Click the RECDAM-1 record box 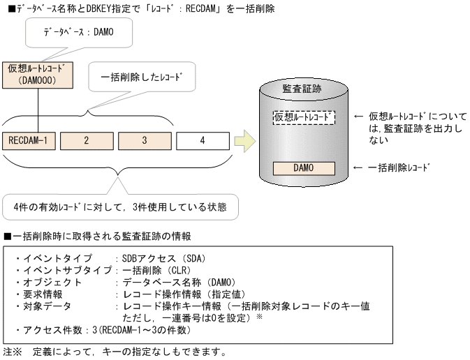[x=29, y=140]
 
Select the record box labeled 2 [x=86, y=140]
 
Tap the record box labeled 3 [x=144, y=140]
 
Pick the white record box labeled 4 [x=202, y=140]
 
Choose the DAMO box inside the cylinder [x=303, y=168]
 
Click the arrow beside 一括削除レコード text [x=360, y=168]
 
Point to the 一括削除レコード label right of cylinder [x=399, y=168]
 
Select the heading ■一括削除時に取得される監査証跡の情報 [x=98, y=237]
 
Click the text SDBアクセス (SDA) [x=161, y=258]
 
